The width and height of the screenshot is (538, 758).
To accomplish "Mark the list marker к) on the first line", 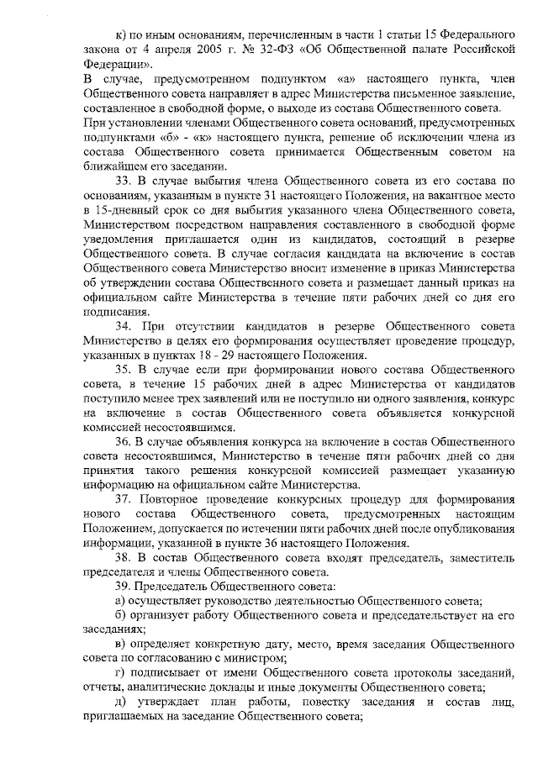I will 120,34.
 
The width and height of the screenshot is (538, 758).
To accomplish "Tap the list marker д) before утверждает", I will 119,702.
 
